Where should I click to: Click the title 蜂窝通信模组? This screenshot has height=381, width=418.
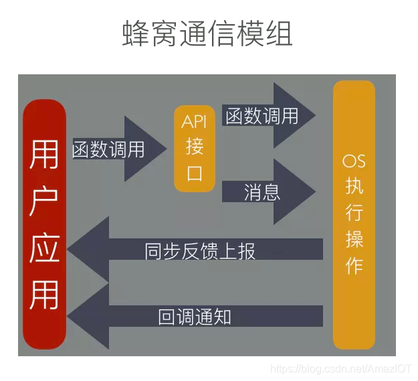click(x=207, y=33)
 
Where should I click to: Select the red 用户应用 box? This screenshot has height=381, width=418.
click(x=44, y=224)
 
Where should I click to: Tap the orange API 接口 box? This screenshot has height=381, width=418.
click(x=195, y=148)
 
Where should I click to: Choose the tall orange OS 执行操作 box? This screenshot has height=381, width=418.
click(x=353, y=214)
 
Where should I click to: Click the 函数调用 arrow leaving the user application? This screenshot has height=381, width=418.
click(x=117, y=149)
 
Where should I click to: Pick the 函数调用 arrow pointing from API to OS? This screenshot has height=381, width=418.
click(x=268, y=116)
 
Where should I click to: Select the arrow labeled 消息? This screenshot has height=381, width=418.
click(x=268, y=193)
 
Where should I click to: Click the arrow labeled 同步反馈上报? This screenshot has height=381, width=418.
click(x=201, y=250)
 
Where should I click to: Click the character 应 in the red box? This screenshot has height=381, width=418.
click(x=44, y=248)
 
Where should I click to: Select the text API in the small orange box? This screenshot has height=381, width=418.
click(x=195, y=122)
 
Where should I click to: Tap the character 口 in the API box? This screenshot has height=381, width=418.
click(x=195, y=173)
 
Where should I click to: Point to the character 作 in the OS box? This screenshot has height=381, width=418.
click(x=354, y=265)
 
